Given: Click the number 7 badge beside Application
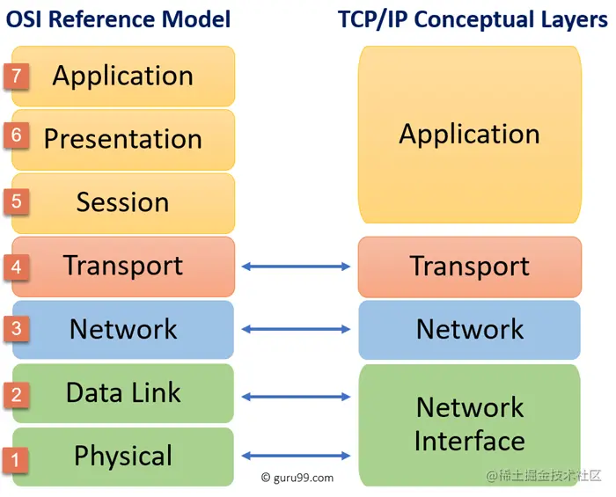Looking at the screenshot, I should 16,76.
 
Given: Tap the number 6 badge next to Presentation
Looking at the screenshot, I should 16,136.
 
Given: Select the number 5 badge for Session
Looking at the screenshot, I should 16,201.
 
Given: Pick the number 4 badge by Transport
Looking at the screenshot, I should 16,264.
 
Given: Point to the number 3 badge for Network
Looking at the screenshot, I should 16,329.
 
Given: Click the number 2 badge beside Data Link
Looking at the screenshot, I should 16,394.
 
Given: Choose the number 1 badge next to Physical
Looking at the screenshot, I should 16,457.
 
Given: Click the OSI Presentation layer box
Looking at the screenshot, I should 123,139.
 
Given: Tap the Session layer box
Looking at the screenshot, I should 123,202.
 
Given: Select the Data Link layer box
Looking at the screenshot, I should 123,392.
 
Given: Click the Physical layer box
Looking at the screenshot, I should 123,456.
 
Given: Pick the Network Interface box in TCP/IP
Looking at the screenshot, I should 469,424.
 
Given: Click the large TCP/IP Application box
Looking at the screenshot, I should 469,135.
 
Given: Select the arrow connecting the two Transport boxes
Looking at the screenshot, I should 296,266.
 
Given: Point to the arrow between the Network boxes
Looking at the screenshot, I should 296,329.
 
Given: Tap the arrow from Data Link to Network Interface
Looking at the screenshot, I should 296,397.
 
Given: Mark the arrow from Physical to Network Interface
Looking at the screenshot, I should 296,456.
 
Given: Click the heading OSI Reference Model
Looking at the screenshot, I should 119,19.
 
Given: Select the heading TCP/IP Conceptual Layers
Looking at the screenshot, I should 473,19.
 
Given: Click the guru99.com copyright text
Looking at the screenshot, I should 297,478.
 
